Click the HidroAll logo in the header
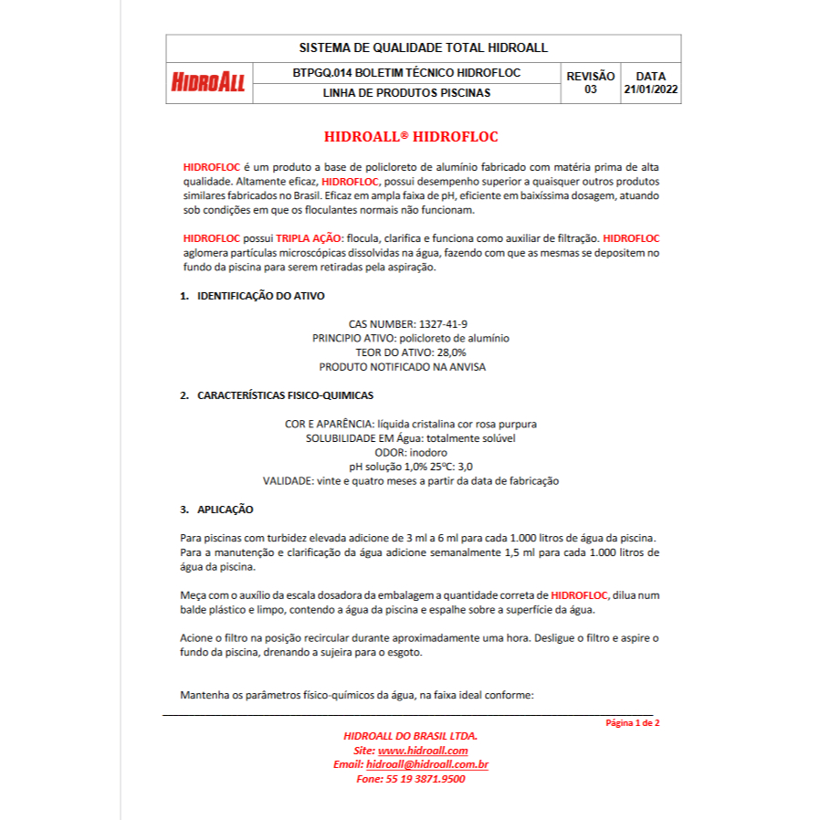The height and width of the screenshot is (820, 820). click(x=208, y=82)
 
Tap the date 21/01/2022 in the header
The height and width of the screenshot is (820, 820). click(x=651, y=89)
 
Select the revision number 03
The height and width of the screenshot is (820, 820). click(x=591, y=89)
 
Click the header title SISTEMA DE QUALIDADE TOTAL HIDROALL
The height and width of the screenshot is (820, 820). click(x=423, y=47)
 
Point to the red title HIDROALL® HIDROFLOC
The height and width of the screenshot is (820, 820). click(x=411, y=137)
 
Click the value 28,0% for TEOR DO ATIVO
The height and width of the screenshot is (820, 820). click(x=448, y=352)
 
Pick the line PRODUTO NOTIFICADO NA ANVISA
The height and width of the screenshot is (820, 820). click(x=403, y=366)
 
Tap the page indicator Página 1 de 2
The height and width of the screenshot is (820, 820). click(x=633, y=722)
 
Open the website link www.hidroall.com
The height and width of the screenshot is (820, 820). click(x=423, y=750)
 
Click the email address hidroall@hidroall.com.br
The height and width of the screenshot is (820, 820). click(x=427, y=764)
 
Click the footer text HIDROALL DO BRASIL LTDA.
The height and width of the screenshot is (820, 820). click(x=410, y=735)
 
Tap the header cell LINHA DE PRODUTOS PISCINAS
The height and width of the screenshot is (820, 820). click(x=406, y=92)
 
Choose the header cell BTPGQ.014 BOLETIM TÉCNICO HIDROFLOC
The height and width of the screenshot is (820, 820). click(x=406, y=72)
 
